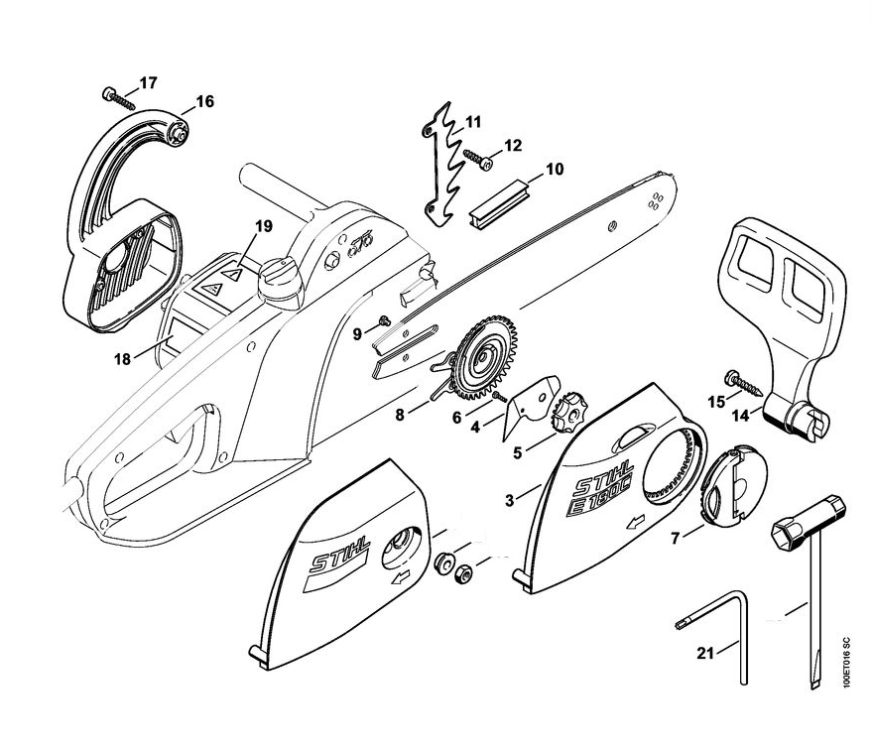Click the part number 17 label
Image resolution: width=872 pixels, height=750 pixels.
147,83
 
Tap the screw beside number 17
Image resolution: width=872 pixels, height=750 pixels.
117,97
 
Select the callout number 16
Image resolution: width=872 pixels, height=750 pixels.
203,101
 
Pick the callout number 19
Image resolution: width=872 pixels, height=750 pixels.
262,227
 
